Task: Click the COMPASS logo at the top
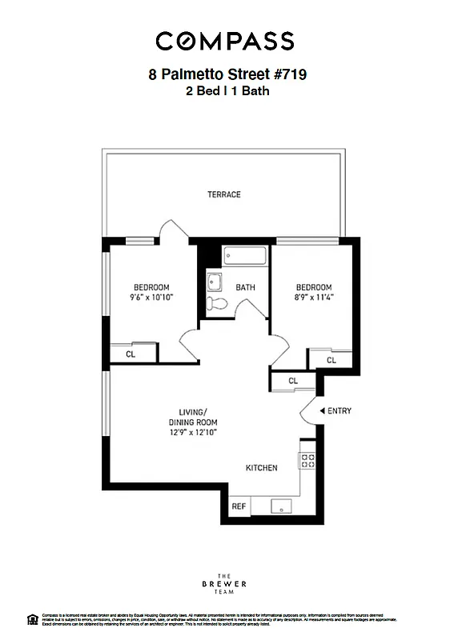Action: (224, 40)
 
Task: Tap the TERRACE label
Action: (224, 194)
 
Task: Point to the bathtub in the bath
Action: (244, 257)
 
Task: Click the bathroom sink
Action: (214, 282)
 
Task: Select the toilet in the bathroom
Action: (216, 303)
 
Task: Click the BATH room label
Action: (245, 288)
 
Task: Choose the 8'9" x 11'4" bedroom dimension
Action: (313, 298)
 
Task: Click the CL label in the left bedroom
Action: (130, 353)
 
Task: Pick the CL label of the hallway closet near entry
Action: (292, 382)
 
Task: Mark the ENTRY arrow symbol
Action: (322, 411)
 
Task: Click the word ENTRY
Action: (340, 411)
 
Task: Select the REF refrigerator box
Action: (239, 506)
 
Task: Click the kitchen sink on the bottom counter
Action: (281, 506)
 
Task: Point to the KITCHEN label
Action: (261, 468)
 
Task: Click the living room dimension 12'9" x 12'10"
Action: (193, 432)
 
